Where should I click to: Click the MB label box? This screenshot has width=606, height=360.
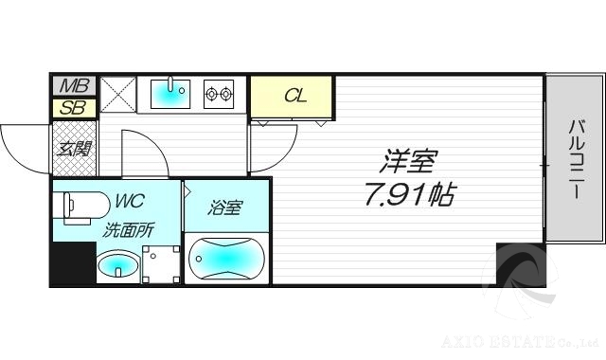pos(71,87)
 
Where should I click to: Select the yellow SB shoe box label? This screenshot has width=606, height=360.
pos(71,107)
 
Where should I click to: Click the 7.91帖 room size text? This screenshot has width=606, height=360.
pos(408,195)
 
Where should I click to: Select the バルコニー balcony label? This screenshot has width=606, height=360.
pos(575,158)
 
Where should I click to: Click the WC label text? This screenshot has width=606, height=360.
pos(130,201)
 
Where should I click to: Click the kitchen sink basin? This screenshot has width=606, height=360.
pos(170,94)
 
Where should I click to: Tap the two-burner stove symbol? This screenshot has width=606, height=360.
pos(219,94)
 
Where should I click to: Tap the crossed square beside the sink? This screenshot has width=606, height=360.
pos(116,93)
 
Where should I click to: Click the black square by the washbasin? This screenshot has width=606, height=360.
pos(73,262)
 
